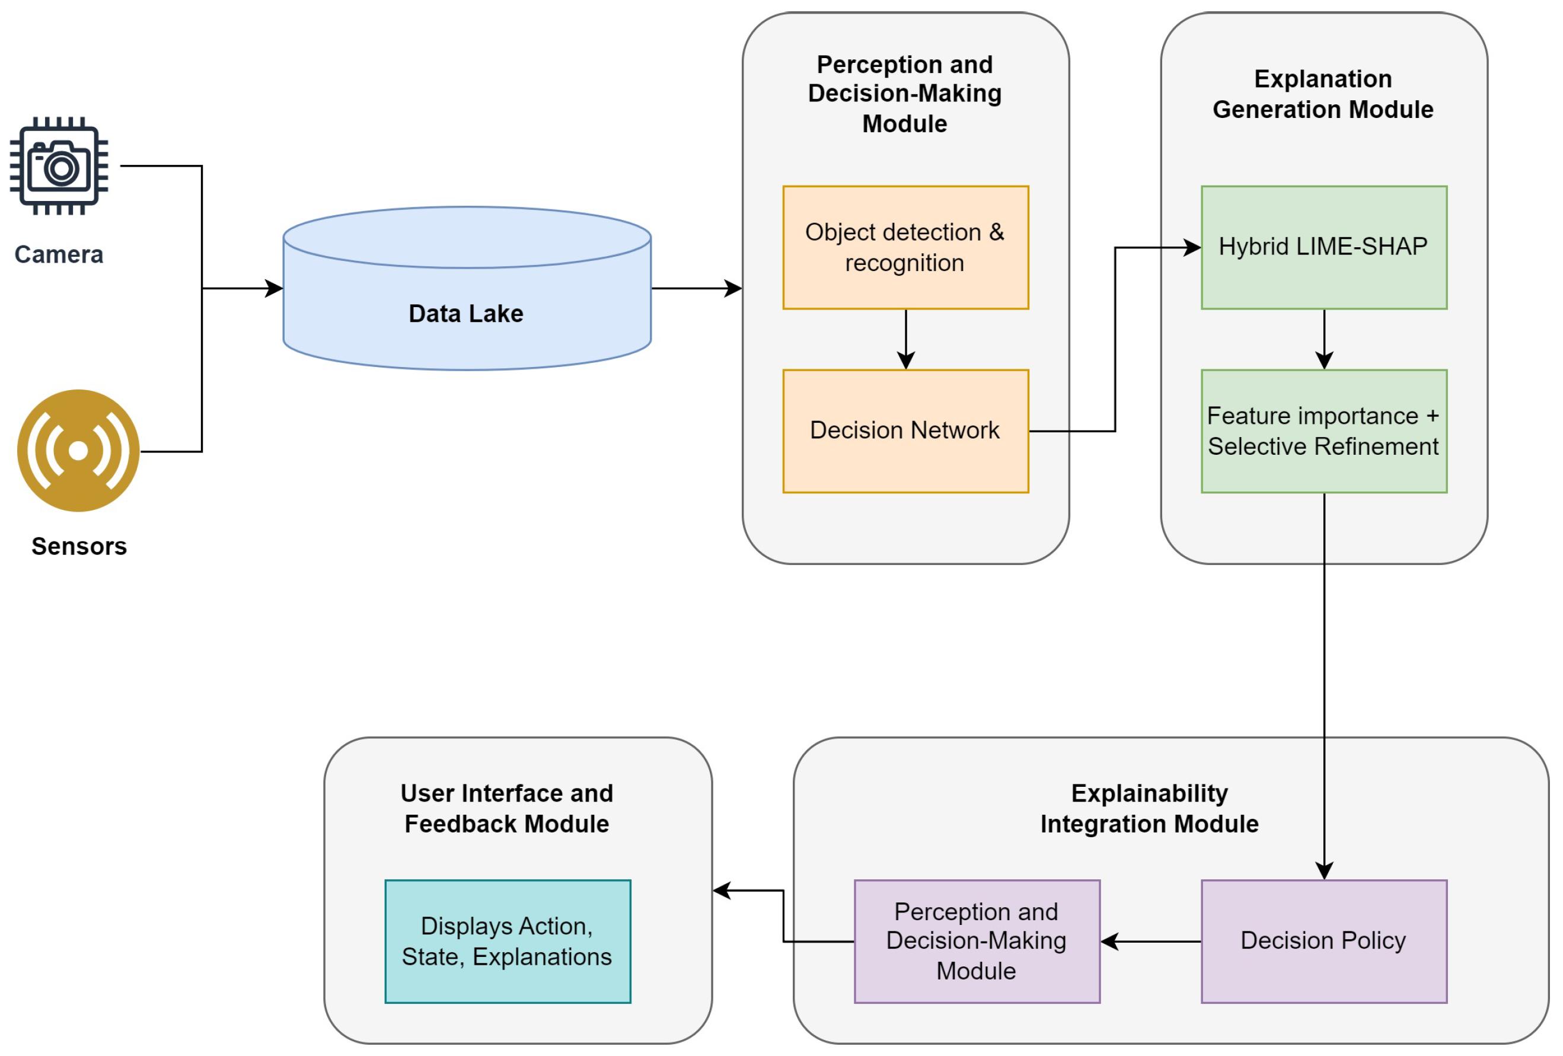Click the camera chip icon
(59, 165)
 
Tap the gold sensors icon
(79, 451)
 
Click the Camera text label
(59, 254)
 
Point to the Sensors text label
(79, 546)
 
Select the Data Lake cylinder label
(466, 314)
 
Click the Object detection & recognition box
(905, 247)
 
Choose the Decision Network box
(905, 430)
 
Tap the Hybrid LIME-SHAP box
(1323, 247)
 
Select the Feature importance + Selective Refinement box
(1323, 430)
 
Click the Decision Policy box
(1323, 941)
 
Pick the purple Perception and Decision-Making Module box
(977, 941)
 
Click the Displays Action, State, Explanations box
(507, 941)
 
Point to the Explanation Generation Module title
(1323, 94)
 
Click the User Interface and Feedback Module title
(507, 809)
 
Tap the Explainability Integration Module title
(1149, 809)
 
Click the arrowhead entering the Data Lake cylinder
(275, 289)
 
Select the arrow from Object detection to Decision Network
(906, 340)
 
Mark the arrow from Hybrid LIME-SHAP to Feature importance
(1324, 340)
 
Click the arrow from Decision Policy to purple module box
(1150, 942)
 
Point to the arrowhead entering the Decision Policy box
(1324, 871)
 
